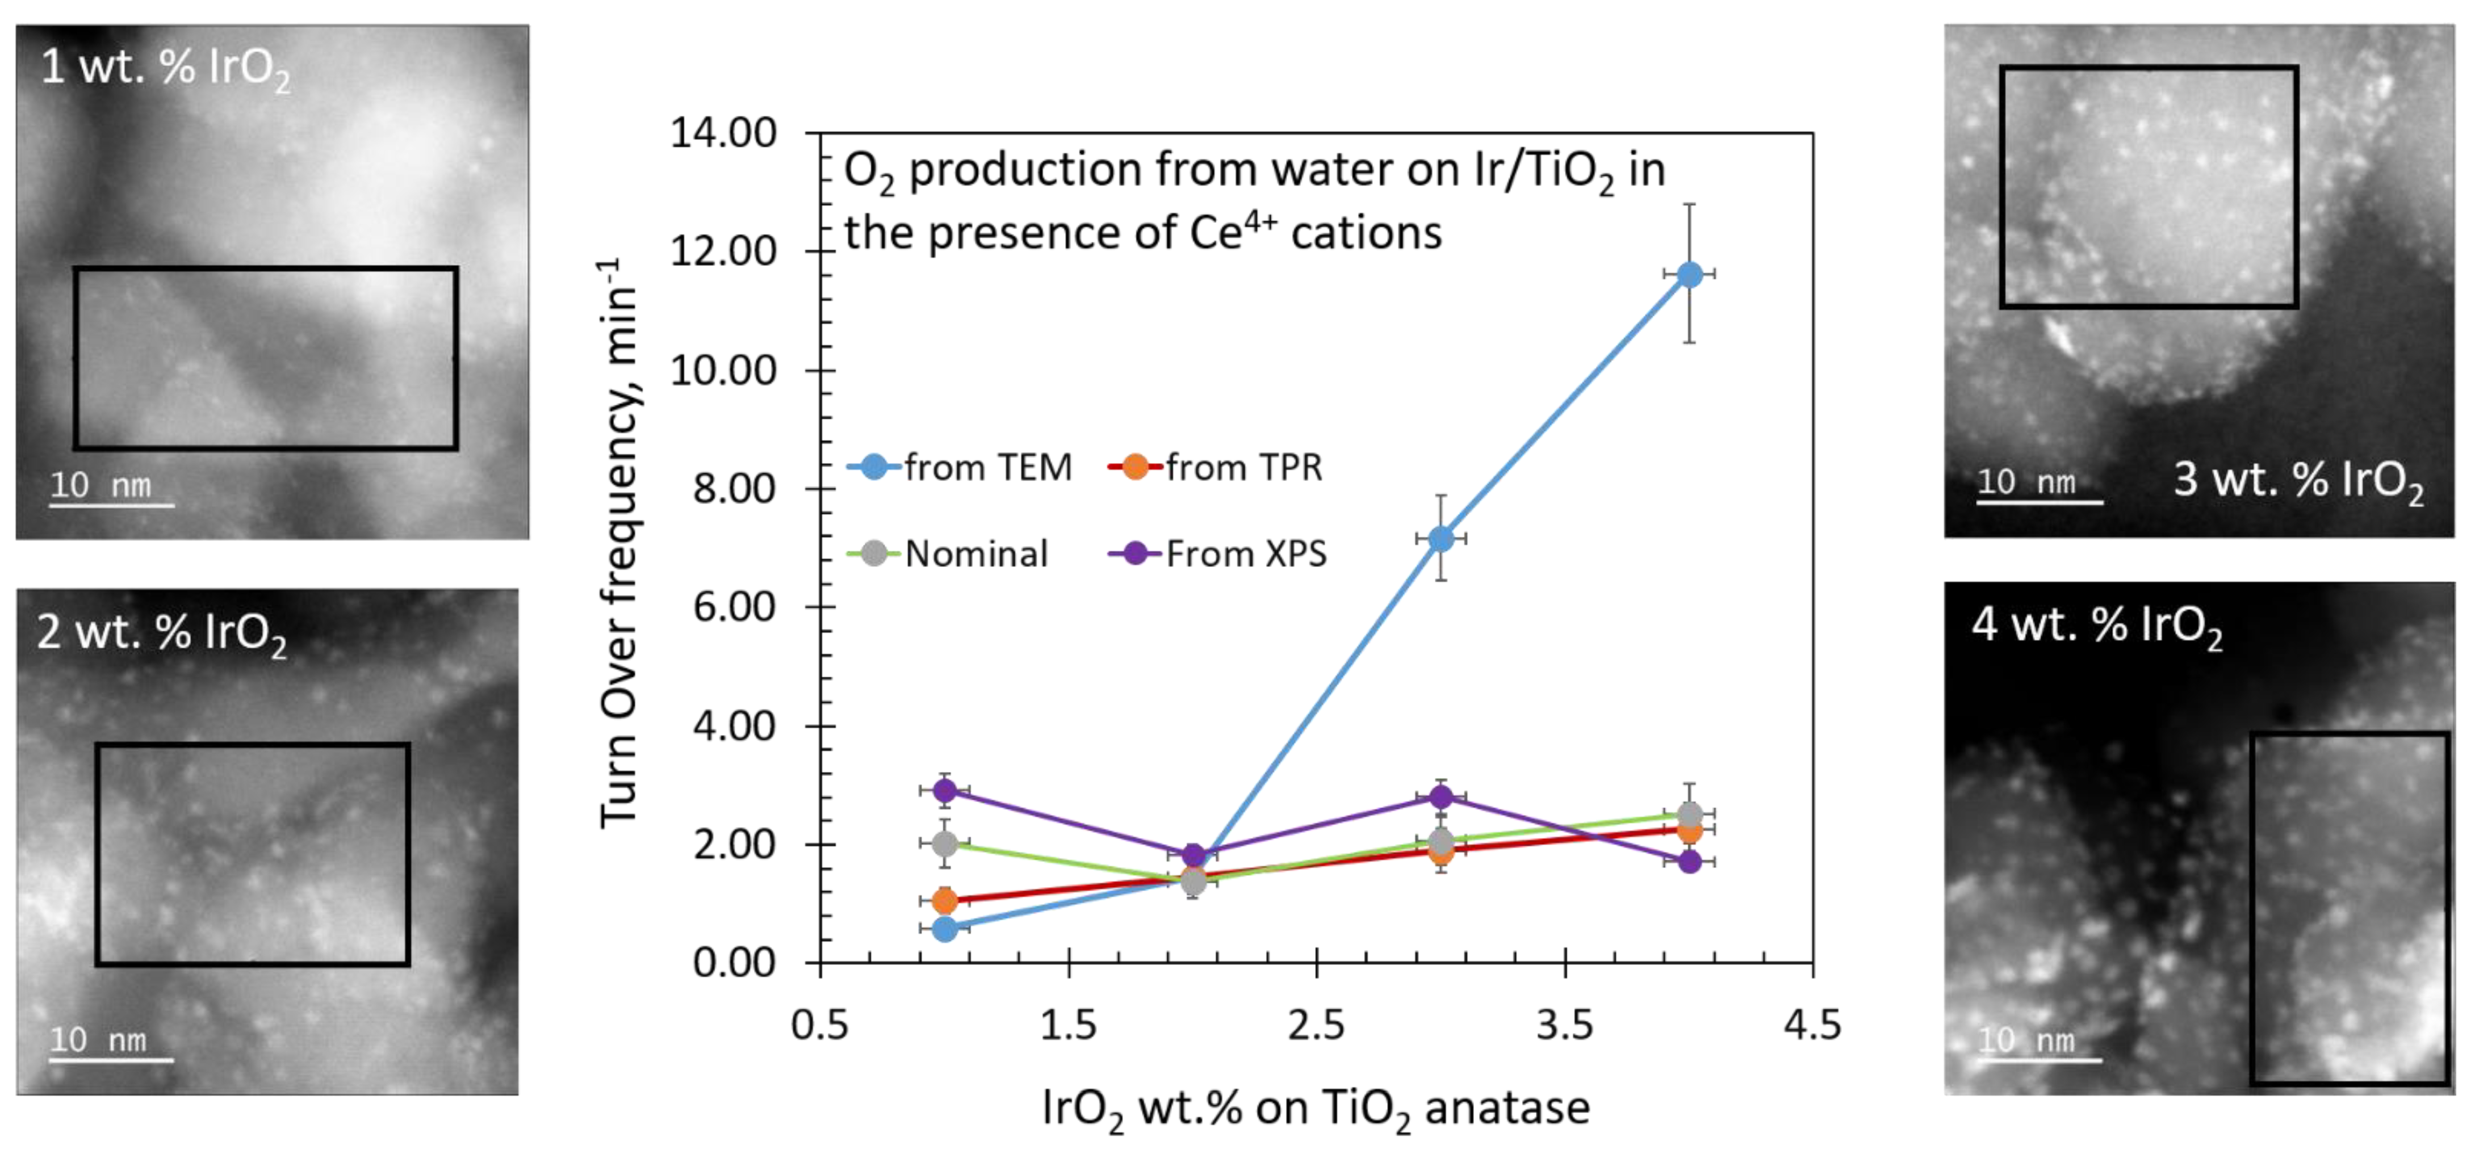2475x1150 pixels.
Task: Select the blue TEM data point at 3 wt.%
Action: tap(1440, 539)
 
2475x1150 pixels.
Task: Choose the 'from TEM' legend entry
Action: tap(961, 468)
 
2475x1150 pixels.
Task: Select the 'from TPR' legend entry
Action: tap(1216, 468)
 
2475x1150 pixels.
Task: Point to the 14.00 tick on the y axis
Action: tap(723, 133)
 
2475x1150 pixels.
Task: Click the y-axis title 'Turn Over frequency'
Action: tap(619, 543)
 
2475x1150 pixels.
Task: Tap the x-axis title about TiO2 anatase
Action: tap(1316, 1108)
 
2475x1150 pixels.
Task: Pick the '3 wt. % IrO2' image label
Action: tap(2298, 480)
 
